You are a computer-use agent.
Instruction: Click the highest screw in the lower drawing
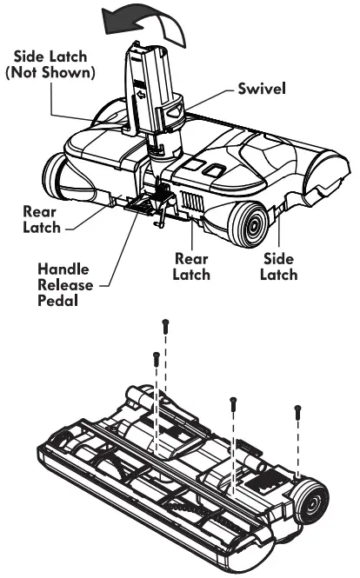point(164,324)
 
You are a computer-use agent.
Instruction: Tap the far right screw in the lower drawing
point(297,408)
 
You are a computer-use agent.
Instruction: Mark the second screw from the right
point(233,402)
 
